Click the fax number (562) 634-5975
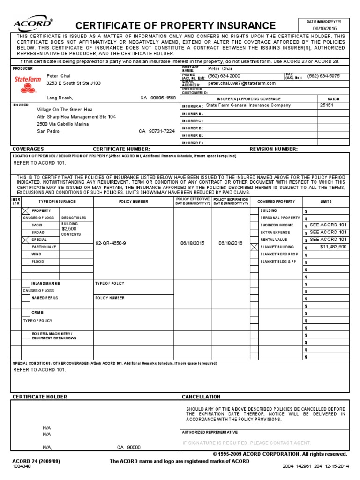[323, 75]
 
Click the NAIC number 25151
[327, 105]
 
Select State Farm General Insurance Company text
[248, 105]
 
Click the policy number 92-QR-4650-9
[111, 243]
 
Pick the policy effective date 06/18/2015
[193, 243]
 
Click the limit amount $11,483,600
[333, 247]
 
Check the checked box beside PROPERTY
[26, 211]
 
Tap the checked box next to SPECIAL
[26, 240]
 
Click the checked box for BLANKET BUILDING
[255, 247]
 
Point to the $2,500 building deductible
[69, 229]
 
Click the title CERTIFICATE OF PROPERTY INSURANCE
[176, 25]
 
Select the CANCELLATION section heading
[201, 397]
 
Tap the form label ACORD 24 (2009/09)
[36, 461]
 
